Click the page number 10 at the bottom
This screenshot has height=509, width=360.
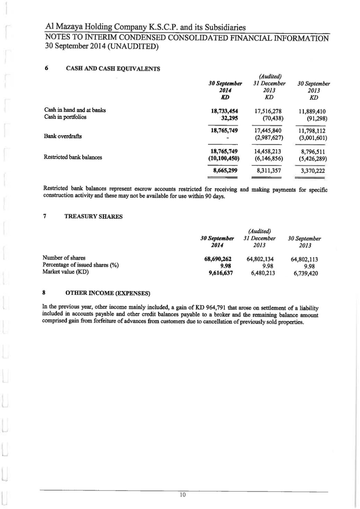coord(183,495)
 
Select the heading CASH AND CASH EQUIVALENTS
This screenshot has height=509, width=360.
coord(113,69)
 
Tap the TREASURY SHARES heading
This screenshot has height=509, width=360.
coord(93,217)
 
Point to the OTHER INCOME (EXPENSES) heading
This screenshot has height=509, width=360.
coord(108,293)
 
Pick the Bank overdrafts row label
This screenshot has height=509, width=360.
coord(63,136)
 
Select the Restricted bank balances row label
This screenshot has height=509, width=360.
coord(73,157)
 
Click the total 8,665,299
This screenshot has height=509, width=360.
coord(225,171)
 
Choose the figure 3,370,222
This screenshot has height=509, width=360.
coord(313,171)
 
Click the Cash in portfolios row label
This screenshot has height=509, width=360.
coord(65,117)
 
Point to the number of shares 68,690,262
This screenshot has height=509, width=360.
coord(218,259)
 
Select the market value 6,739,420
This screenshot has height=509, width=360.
coord(306,273)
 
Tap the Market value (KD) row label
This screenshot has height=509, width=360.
coord(65,272)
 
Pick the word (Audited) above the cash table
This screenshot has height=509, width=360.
coord(270,76)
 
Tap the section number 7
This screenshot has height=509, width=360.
coord(45,217)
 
